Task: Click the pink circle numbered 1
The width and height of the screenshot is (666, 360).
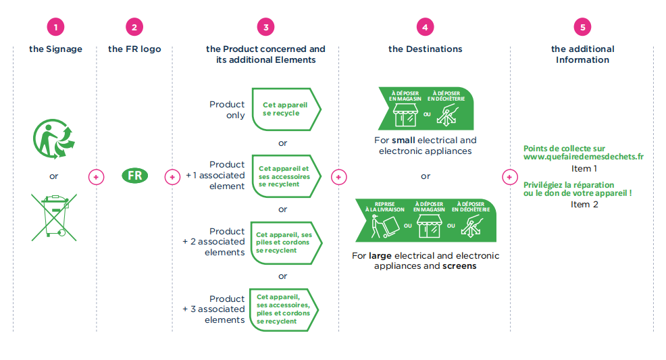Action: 55,28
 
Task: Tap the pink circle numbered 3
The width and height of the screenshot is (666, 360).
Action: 266,28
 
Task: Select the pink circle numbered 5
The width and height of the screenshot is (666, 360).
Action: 582,28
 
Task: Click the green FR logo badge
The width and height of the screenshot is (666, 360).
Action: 134,176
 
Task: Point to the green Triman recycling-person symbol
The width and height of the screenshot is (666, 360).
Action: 54,138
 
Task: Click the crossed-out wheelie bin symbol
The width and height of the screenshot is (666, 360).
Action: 54,217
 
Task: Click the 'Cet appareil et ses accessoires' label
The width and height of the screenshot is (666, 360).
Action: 284,176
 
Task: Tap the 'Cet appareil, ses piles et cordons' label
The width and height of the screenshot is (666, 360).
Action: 284,242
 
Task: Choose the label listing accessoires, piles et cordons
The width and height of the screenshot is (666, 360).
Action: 284,309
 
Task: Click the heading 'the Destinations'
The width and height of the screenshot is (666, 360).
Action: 425,49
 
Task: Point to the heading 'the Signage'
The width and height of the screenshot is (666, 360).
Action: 55,49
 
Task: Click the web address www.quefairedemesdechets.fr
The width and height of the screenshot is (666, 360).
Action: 583,157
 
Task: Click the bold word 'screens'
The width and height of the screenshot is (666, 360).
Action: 459,266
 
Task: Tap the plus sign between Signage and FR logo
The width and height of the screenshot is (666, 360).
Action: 96,176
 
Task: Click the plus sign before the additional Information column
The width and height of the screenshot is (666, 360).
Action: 509,176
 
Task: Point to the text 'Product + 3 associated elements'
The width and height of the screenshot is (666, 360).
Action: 215,309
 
